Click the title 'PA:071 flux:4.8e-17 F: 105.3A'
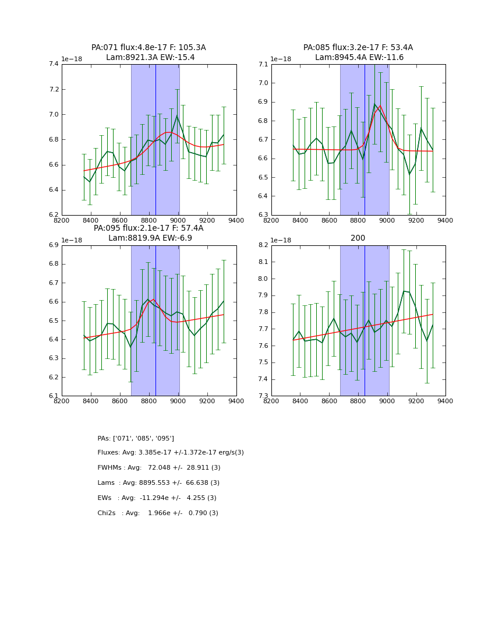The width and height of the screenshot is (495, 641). (x=148, y=48)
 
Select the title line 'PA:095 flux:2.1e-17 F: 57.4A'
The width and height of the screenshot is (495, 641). (x=148, y=228)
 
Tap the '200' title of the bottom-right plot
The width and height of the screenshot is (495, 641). (x=358, y=238)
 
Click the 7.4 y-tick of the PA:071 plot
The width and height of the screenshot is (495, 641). (x=52, y=64)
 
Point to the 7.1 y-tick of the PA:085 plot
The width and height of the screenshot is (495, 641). (x=262, y=64)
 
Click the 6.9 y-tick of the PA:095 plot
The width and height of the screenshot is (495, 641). (x=52, y=245)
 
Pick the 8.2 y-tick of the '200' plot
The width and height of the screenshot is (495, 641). (x=262, y=245)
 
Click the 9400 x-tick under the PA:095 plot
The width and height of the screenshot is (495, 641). (x=236, y=401)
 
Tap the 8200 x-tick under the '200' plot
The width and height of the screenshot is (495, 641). (x=271, y=401)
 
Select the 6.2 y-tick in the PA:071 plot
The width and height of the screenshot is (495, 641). (x=52, y=215)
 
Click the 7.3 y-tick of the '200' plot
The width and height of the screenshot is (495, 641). (x=262, y=396)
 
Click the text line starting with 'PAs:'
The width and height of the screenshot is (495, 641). (x=136, y=438)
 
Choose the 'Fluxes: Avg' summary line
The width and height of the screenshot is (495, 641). (x=171, y=453)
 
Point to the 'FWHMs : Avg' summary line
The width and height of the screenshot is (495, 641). (x=159, y=468)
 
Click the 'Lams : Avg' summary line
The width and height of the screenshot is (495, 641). (x=158, y=483)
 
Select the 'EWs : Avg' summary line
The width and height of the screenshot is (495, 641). (x=157, y=498)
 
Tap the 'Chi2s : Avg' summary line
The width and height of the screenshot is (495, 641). (x=158, y=513)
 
